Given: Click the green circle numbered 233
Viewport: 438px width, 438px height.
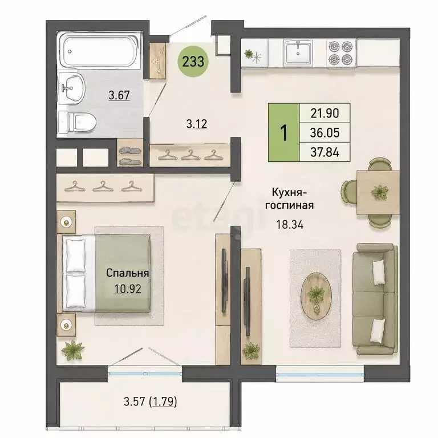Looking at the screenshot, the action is [193, 61].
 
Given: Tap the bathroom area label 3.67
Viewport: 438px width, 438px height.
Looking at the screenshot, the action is [119, 96].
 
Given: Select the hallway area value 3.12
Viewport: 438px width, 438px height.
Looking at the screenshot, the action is [197, 124].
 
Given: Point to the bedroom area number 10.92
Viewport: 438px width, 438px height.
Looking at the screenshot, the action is [128, 289].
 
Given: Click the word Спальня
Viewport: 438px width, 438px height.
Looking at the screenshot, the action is [127, 273].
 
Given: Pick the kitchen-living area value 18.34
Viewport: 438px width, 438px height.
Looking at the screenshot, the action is [290, 224].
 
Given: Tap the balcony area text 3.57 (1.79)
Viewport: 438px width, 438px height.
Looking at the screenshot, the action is [151, 402].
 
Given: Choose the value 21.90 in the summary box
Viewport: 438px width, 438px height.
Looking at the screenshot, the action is [325, 113].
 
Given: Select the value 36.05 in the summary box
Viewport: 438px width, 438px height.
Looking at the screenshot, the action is [325, 133].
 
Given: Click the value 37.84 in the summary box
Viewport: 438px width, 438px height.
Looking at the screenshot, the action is [325, 152].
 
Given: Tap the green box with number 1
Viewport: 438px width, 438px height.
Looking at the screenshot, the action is [284, 133].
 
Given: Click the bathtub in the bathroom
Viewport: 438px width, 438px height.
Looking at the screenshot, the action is [100, 50].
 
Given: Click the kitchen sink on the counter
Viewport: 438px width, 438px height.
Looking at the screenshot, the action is [298, 53].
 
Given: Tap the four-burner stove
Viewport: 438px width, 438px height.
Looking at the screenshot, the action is [340, 53].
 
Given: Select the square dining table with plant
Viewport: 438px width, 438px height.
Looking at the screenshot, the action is [379, 193].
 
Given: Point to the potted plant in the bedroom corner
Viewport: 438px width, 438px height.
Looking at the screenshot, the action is [72, 350].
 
